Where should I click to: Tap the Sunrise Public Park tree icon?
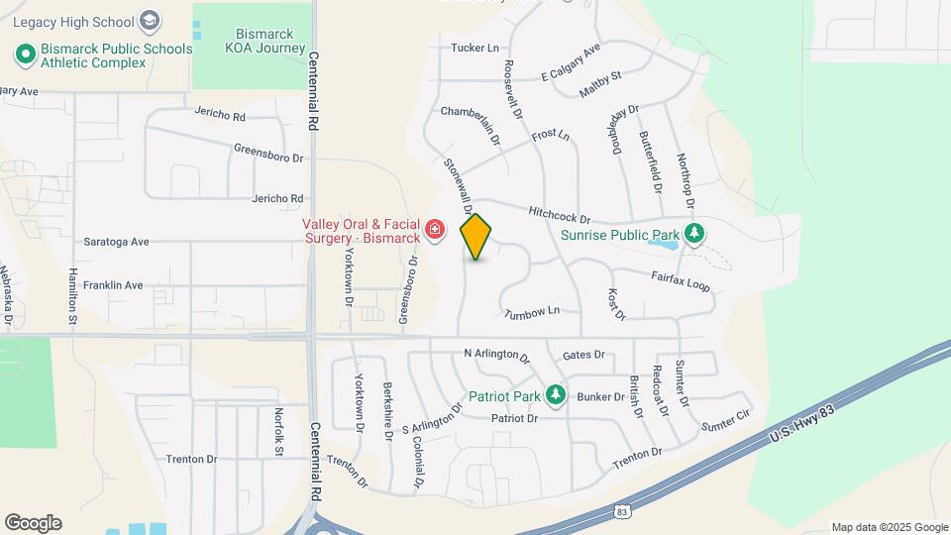tap(695, 234)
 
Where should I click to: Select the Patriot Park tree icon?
tap(556, 395)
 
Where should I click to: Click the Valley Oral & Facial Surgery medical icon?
tap(434, 231)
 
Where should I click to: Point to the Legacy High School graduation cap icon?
tap(149, 20)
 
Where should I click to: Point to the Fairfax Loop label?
tap(681, 280)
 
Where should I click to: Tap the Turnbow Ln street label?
tap(532, 313)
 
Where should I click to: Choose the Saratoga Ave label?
tap(116, 241)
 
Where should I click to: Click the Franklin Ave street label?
tap(113, 285)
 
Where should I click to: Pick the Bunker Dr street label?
tap(600, 396)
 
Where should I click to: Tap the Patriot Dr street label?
tap(514, 419)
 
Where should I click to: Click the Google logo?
tap(33, 523)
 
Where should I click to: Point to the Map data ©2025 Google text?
tap(889, 527)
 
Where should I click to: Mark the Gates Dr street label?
tap(583, 355)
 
